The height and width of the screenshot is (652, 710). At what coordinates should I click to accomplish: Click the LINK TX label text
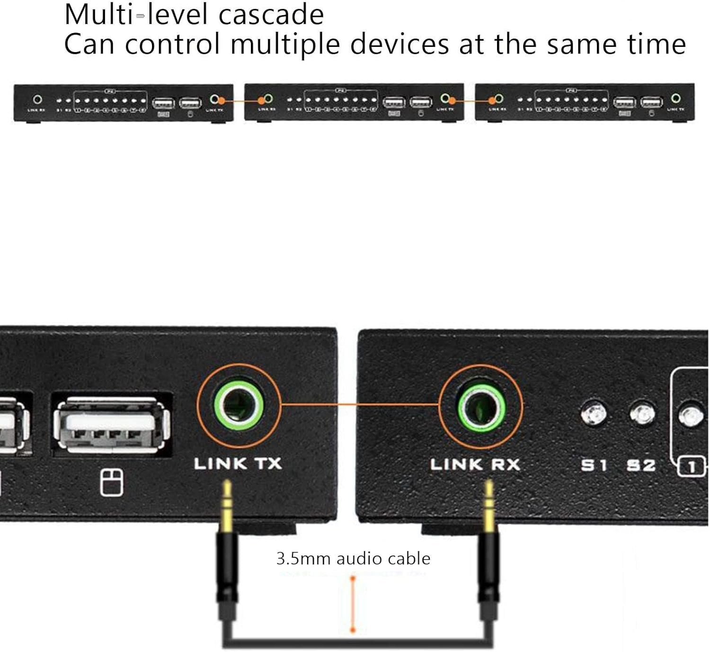238,463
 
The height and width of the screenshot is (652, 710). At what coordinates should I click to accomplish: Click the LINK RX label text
475,464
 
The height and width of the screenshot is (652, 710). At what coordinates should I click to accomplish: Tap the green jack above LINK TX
239,405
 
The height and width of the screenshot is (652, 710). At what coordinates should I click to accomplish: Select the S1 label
594,465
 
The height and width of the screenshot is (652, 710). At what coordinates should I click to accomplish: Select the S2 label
641,465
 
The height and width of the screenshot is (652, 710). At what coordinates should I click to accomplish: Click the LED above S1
594,413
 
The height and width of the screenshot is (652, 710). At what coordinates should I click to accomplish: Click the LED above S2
642,414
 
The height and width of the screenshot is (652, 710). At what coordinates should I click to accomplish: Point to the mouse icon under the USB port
112,482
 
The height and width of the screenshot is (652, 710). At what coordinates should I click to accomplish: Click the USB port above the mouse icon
112,424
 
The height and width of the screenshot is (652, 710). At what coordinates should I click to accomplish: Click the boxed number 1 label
692,467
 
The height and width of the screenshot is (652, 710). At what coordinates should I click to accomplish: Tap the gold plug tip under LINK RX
489,505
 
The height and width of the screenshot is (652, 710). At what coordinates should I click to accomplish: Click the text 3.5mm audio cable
353,558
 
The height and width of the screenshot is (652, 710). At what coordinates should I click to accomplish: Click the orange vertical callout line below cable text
353,604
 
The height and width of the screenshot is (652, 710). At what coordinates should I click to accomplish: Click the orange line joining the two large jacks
360,405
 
